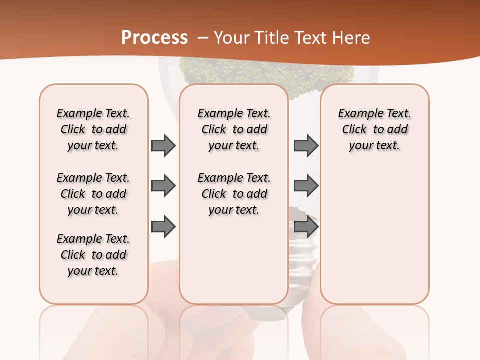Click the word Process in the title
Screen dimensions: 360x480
[154, 38]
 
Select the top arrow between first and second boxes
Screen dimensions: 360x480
[163, 146]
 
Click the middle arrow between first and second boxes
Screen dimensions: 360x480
[163, 186]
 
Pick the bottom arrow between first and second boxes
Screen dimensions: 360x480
[163, 227]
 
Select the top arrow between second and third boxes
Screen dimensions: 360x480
[306, 146]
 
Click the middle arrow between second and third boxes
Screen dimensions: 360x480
[306, 186]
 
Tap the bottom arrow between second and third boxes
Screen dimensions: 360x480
[306, 227]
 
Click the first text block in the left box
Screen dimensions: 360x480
[93, 129]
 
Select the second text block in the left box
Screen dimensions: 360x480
[93, 194]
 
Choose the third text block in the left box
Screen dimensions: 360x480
[93, 255]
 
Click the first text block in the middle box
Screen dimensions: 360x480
[234, 129]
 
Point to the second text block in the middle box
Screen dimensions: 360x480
[234, 194]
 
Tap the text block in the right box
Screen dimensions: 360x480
[374, 129]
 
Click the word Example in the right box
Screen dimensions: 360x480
[357, 114]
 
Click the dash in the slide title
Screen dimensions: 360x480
[203, 38]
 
